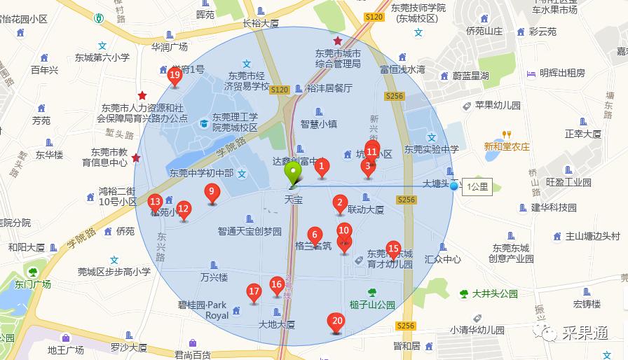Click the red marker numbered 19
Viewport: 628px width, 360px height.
pyautogui.click(x=175, y=76)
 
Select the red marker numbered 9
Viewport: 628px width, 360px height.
pyautogui.click(x=211, y=192)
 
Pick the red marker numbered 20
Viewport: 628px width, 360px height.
pyautogui.click(x=336, y=322)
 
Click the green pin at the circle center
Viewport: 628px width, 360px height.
pyautogui.click(x=292, y=174)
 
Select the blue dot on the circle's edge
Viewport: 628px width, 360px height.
pyautogui.click(x=455, y=186)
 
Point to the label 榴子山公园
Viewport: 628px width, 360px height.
pyautogui.click(x=372, y=305)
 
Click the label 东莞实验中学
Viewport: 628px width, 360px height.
pyautogui.click(x=431, y=149)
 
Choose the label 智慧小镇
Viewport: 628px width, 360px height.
pyautogui.click(x=319, y=124)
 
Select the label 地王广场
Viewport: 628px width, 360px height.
pyautogui.click(x=65, y=349)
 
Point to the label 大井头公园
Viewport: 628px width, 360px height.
pyautogui.click(x=494, y=293)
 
